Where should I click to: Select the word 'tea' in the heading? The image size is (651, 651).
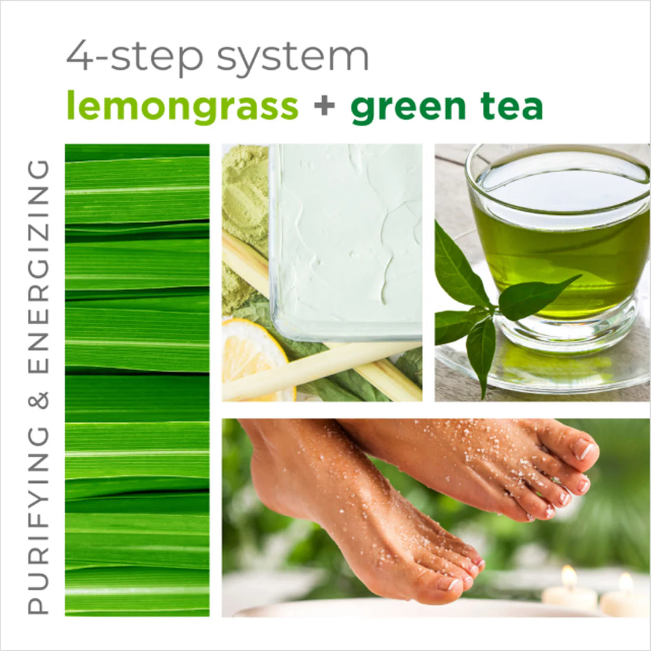512,107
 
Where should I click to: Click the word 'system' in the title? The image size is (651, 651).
293,57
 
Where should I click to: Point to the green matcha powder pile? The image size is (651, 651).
244,195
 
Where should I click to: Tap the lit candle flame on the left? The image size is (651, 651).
569,575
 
